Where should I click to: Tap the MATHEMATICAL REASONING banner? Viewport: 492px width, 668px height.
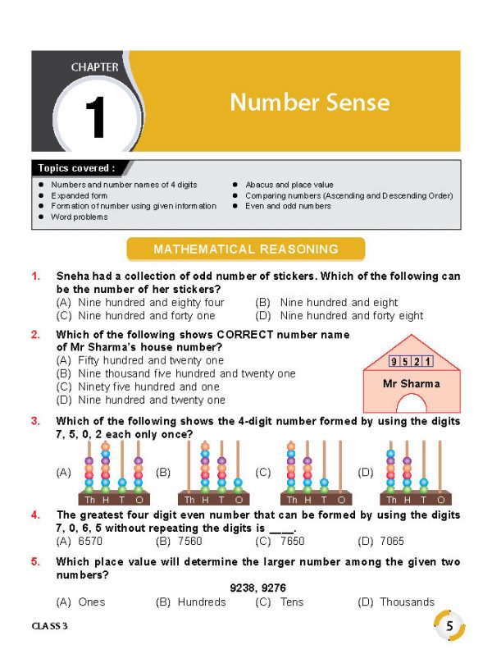coord(246,249)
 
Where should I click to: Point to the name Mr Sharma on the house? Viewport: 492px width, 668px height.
coord(411,383)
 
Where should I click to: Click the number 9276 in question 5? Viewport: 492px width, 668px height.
coord(264,588)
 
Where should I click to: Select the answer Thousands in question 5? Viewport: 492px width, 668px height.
coord(407,602)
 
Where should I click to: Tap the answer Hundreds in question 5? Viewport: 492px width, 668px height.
coord(201,602)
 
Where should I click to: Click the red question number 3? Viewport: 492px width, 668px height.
coord(35,421)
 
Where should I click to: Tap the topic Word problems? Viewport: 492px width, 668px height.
coord(80,217)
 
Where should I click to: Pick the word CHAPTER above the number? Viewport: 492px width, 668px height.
coord(94,66)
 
